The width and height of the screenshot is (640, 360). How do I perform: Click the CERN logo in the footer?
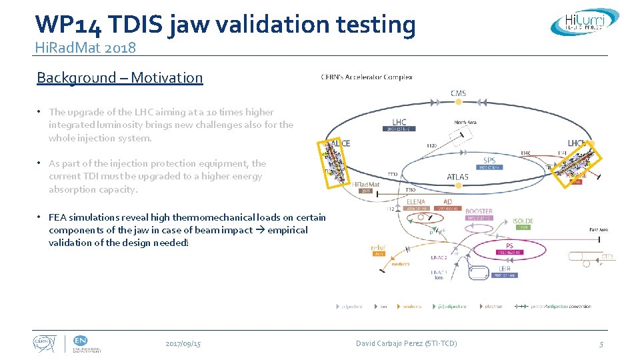pos(45,343)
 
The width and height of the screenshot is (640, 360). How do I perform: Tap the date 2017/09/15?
pos(183,343)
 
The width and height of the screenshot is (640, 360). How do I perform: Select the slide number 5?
pos(601,344)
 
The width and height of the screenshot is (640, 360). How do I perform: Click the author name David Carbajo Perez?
pos(406,343)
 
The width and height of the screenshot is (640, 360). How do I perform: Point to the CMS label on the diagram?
pos(458,93)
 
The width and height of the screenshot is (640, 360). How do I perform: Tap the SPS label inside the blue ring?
pos(489,161)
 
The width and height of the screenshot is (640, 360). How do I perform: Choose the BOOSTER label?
pos(479,211)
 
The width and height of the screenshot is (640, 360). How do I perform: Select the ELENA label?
pos(415,201)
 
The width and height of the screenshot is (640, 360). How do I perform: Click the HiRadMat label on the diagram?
pos(365,184)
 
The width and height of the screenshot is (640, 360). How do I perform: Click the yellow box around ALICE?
pos(335,163)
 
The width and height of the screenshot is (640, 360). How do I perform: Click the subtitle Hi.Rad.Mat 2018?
pos(86,47)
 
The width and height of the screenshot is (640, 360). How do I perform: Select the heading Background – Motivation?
pos(119,77)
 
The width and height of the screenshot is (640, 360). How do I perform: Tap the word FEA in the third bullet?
pos(57,217)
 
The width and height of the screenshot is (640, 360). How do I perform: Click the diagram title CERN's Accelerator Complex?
pos(367,77)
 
